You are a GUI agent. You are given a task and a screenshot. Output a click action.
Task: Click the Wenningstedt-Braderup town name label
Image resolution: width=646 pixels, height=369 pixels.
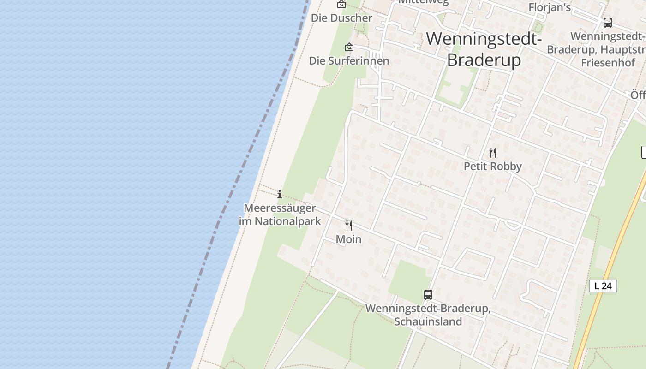click(x=484, y=49)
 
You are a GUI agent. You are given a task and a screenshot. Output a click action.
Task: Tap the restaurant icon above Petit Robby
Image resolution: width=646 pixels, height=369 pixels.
click(x=493, y=153)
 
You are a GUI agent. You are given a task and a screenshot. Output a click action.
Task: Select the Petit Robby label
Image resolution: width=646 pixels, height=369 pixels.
click(x=492, y=167)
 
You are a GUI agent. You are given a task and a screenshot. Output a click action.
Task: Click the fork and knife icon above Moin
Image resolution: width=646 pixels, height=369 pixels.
click(x=349, y=226)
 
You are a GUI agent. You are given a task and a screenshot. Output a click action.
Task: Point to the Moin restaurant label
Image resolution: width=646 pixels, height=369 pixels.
click(x=348, y=239)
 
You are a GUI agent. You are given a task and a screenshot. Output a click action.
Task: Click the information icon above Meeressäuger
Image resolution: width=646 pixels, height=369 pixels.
click(x=279, y=194)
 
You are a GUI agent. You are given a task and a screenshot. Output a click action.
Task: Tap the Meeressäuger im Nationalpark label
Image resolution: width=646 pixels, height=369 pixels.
click(x=280, y=214)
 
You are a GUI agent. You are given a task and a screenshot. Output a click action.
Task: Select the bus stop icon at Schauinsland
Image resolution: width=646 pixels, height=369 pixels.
click(x=428, y=295)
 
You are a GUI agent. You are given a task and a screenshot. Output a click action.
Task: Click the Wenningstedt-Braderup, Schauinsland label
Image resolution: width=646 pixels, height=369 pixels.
click(x=428, y=315)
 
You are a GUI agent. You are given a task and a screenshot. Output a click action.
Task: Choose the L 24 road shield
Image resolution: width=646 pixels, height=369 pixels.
click(x=603, y=286)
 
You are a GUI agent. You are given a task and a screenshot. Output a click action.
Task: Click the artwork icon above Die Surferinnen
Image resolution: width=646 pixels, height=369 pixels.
click(x=349, y=47)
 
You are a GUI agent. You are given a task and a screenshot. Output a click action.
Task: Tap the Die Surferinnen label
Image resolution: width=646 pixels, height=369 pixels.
click(x=349, y=61)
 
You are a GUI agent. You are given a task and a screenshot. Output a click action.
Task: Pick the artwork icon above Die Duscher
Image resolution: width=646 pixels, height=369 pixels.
click(x=341, y=5)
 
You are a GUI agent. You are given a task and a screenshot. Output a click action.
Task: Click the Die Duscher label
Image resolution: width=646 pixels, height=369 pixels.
click(x=341, y=18)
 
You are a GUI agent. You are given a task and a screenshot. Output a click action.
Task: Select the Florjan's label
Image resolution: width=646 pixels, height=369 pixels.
click(x=550, y=7)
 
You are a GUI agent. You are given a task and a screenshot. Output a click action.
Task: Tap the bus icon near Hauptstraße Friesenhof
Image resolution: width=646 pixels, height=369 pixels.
click(x=608, y=23)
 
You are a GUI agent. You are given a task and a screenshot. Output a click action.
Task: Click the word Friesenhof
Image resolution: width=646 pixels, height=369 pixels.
click(x=608, y=63)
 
